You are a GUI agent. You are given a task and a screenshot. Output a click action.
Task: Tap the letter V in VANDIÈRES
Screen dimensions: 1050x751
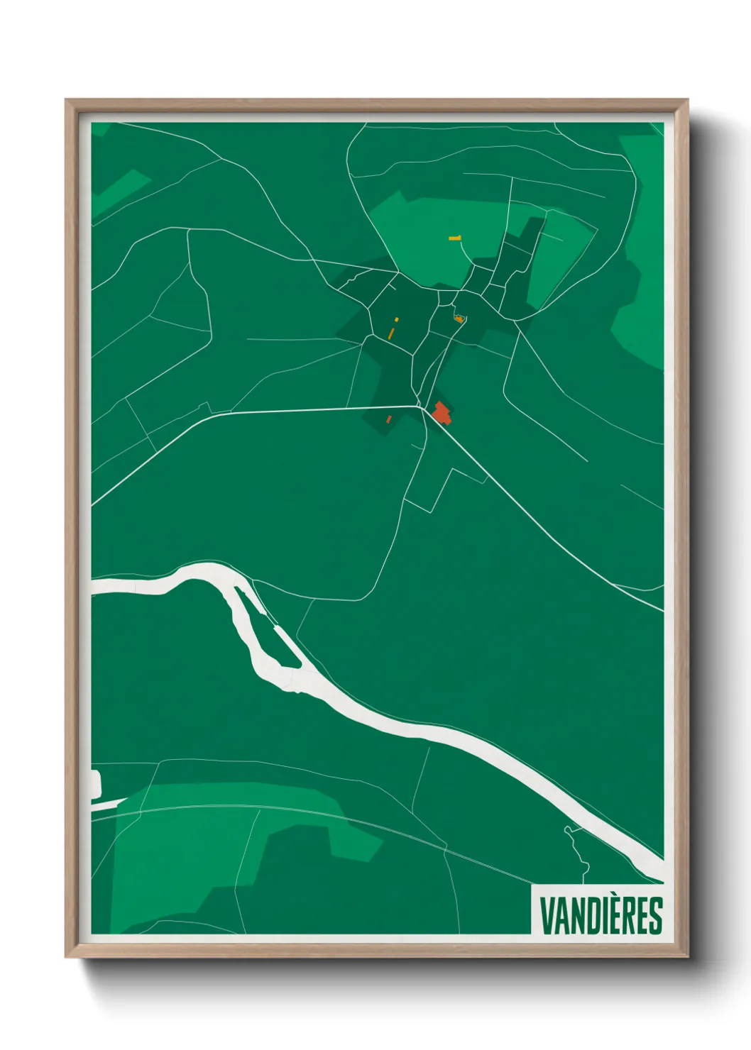[547, 916]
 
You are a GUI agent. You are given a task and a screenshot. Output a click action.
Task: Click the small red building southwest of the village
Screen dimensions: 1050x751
[389, 419]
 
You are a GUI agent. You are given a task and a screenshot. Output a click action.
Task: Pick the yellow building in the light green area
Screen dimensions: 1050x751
[455, 238]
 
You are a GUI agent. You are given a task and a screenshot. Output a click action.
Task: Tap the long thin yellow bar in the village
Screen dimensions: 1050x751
[391, 332]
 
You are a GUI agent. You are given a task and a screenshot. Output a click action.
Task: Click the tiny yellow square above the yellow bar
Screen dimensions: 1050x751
[397, 320]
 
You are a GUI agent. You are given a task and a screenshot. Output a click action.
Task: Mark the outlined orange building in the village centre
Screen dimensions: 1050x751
[459, 319]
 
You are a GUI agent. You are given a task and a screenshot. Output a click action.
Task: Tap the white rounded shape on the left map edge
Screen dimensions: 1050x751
[96, 783]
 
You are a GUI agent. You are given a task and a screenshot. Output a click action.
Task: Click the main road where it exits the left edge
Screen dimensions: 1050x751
[94, 503]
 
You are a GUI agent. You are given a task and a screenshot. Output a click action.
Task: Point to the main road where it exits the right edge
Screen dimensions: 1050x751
[661, 609]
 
